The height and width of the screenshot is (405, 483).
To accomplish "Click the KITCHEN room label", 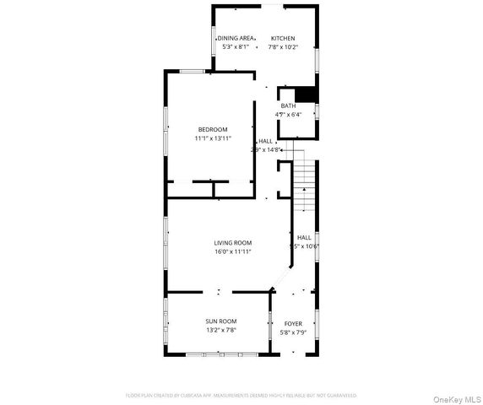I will click(x=283, y=38).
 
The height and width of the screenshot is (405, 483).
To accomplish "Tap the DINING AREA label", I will click(x=236, y=38).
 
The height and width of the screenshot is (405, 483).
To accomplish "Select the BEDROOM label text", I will click(x=213, y=129).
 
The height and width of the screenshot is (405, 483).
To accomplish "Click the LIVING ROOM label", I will click(x=232, y=242).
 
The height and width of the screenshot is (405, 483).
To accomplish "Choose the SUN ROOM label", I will click(x=220, y=321).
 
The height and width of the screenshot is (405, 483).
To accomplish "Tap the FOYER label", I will click(x=293, y=323).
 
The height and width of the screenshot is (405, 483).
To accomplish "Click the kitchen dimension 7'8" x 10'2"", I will click(x=283, y=47).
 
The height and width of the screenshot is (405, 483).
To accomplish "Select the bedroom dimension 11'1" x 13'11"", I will click(x=213, y=138).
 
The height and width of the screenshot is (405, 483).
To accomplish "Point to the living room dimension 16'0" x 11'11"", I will click(x=232, y=251).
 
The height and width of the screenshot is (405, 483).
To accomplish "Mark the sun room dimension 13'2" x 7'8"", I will click(x=220, y=330).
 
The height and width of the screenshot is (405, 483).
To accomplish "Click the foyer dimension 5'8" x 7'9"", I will click(x=293, y=332).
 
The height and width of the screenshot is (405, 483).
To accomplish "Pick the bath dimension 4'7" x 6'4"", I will click(x=288, y=115).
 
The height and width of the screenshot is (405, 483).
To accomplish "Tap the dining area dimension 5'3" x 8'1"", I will click(x=236, y=47).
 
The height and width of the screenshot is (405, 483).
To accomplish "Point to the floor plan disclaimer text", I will click(x=241, y=395).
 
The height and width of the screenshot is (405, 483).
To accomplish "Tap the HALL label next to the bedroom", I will click(x=265, y=141).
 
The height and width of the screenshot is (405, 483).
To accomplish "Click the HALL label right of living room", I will click(x=304, y=237).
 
